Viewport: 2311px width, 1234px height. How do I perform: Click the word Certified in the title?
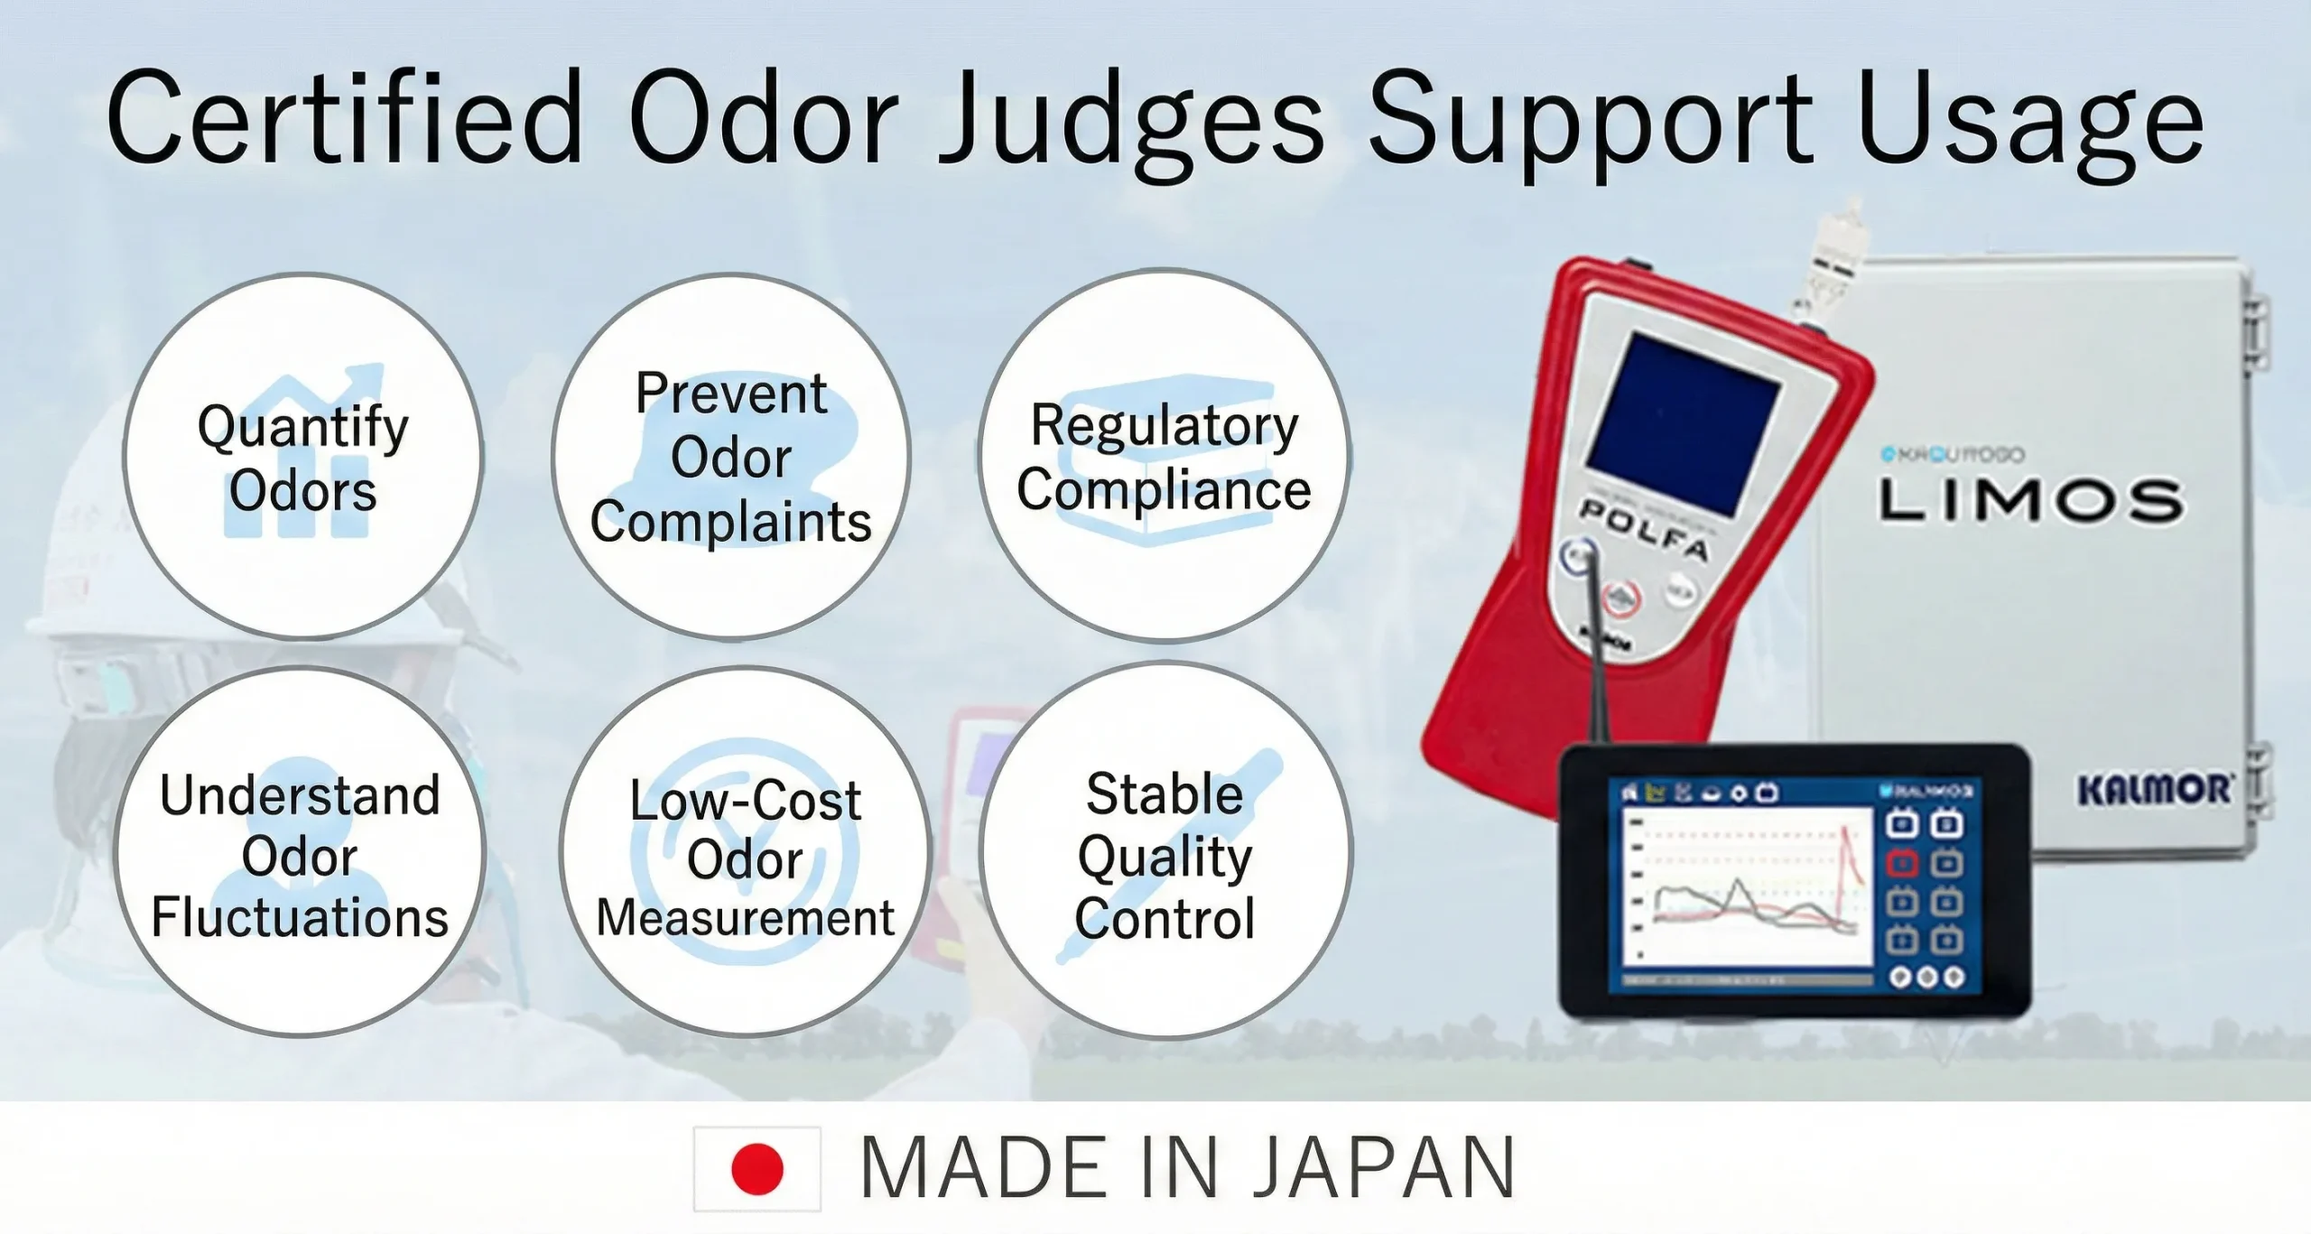pyautogui.click(x=343, y=117)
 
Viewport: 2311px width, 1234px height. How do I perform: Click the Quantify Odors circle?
pyautogui.click(x=302, y=456)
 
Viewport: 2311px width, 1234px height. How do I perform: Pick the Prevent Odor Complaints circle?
pyautogui.click(x=731, y=456)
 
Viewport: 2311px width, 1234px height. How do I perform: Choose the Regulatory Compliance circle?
pyautogui.click(x=1164, y=456)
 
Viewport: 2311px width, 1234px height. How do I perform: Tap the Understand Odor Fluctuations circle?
pyautogui.click(x=300, y=853)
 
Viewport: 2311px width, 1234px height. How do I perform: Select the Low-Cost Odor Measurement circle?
pyautogui.click(x=745, y=853)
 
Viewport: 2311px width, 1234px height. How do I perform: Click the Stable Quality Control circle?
pyautogui.click(x=1165, y=853)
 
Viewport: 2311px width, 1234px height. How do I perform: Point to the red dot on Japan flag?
pyautogui.click(x=756, y=1169)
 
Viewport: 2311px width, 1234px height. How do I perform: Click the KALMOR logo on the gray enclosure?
pyautogui.click(x=2153, y=790)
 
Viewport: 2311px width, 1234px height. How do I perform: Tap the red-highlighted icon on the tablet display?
pyautogui.click(x=1901, y=864)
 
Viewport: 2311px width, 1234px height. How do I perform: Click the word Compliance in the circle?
pyautogui.click(x=1164, y=490)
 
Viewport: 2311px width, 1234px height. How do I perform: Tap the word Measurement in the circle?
pyautogui.click(x=745, y=918)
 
